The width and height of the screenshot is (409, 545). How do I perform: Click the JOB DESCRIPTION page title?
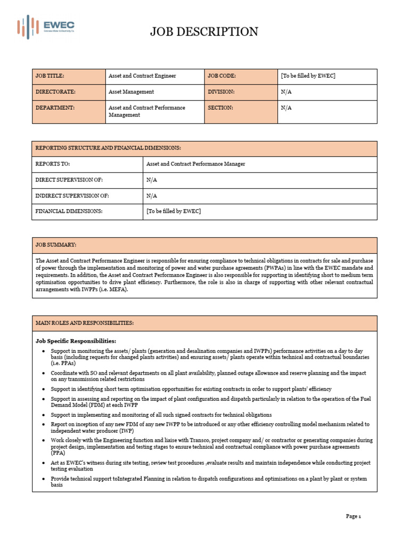(204, 32)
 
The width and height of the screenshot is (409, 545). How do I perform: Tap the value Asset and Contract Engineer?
(142, 76)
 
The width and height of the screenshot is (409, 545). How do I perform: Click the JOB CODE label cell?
(222, 76)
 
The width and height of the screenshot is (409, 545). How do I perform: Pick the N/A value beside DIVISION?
(287, 92)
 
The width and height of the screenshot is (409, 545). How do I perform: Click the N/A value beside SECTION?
(287, 108)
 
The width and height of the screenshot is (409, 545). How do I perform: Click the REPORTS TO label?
(53, 164)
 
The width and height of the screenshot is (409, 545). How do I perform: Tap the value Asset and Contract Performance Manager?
(195, 164)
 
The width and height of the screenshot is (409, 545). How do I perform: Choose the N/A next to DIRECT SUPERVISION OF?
(152, 180)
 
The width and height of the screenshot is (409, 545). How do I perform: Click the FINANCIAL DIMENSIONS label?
(69, 211)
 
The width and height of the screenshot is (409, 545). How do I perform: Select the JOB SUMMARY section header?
(56, 245)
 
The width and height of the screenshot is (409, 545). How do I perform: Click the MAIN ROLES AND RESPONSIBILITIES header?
(85, 323)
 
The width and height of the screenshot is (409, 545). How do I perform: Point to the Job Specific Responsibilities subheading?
(76, 341)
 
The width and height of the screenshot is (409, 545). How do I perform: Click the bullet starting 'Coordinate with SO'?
(208, 376)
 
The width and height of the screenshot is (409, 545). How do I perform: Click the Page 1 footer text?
(354, 516)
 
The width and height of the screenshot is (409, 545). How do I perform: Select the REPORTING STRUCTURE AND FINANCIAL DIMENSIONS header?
(108, 148)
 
